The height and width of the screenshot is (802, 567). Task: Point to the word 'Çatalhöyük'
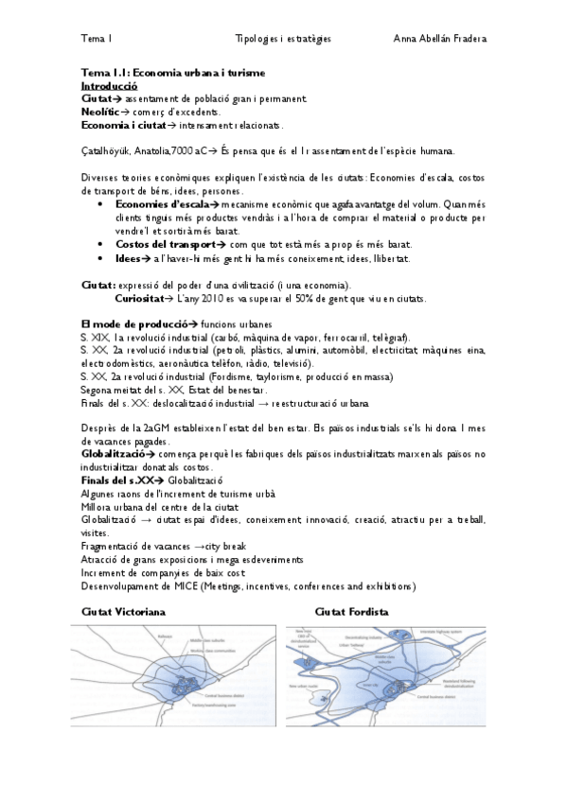pyautogui.click(x=106, y=150)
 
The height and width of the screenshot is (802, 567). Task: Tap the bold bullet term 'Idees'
pyautogui.click(x=131, y=257)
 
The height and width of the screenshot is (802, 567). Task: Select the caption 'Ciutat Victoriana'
pyautogui.click(x=124, y=613)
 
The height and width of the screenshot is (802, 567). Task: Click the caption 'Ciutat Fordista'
pyautogui.click(x=351, y=613)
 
